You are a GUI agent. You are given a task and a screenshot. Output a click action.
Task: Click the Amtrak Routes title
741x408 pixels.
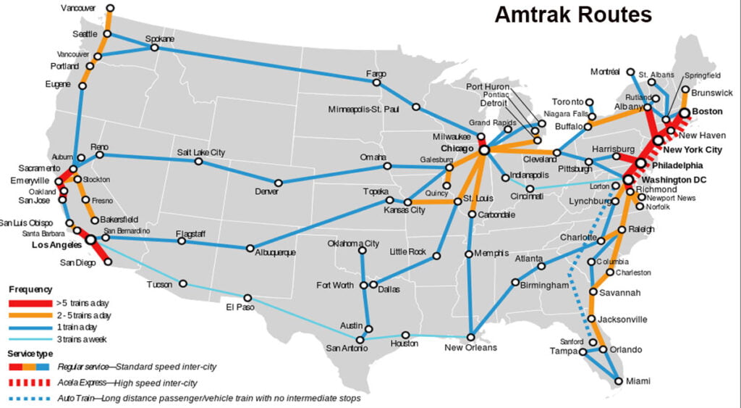coord(573,15)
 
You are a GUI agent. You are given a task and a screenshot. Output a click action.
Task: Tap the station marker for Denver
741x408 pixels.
coord(278,183)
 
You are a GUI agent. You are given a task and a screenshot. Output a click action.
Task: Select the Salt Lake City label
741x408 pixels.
coord(201,152)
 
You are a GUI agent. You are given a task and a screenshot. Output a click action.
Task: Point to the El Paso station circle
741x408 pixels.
coord(247,298)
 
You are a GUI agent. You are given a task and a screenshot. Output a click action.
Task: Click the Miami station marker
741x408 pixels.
coord(617,380)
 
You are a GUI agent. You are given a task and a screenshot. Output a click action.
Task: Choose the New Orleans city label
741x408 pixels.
coord(471,348)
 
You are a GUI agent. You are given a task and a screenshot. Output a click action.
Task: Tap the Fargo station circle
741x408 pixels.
coord(376,83)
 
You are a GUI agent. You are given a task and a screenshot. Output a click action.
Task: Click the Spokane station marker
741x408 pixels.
coord(154,48)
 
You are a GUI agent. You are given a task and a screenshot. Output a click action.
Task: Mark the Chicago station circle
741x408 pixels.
coord(483,149)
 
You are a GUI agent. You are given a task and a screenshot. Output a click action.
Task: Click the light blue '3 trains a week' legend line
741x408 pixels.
coord(28,339)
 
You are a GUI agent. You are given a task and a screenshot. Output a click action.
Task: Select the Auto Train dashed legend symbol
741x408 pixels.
coord(28,398)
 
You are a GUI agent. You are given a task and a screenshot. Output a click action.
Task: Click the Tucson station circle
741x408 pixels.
coord(183,283)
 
